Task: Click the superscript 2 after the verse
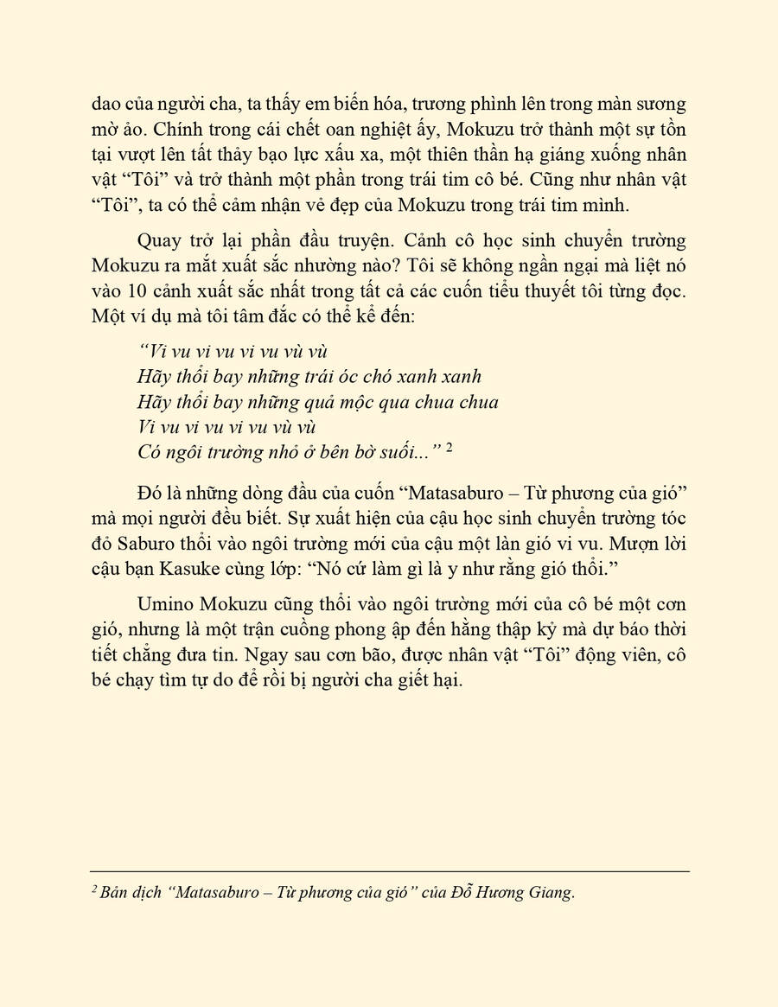[450, 448]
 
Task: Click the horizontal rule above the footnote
[389, 871]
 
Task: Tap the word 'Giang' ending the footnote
[552, 893]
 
